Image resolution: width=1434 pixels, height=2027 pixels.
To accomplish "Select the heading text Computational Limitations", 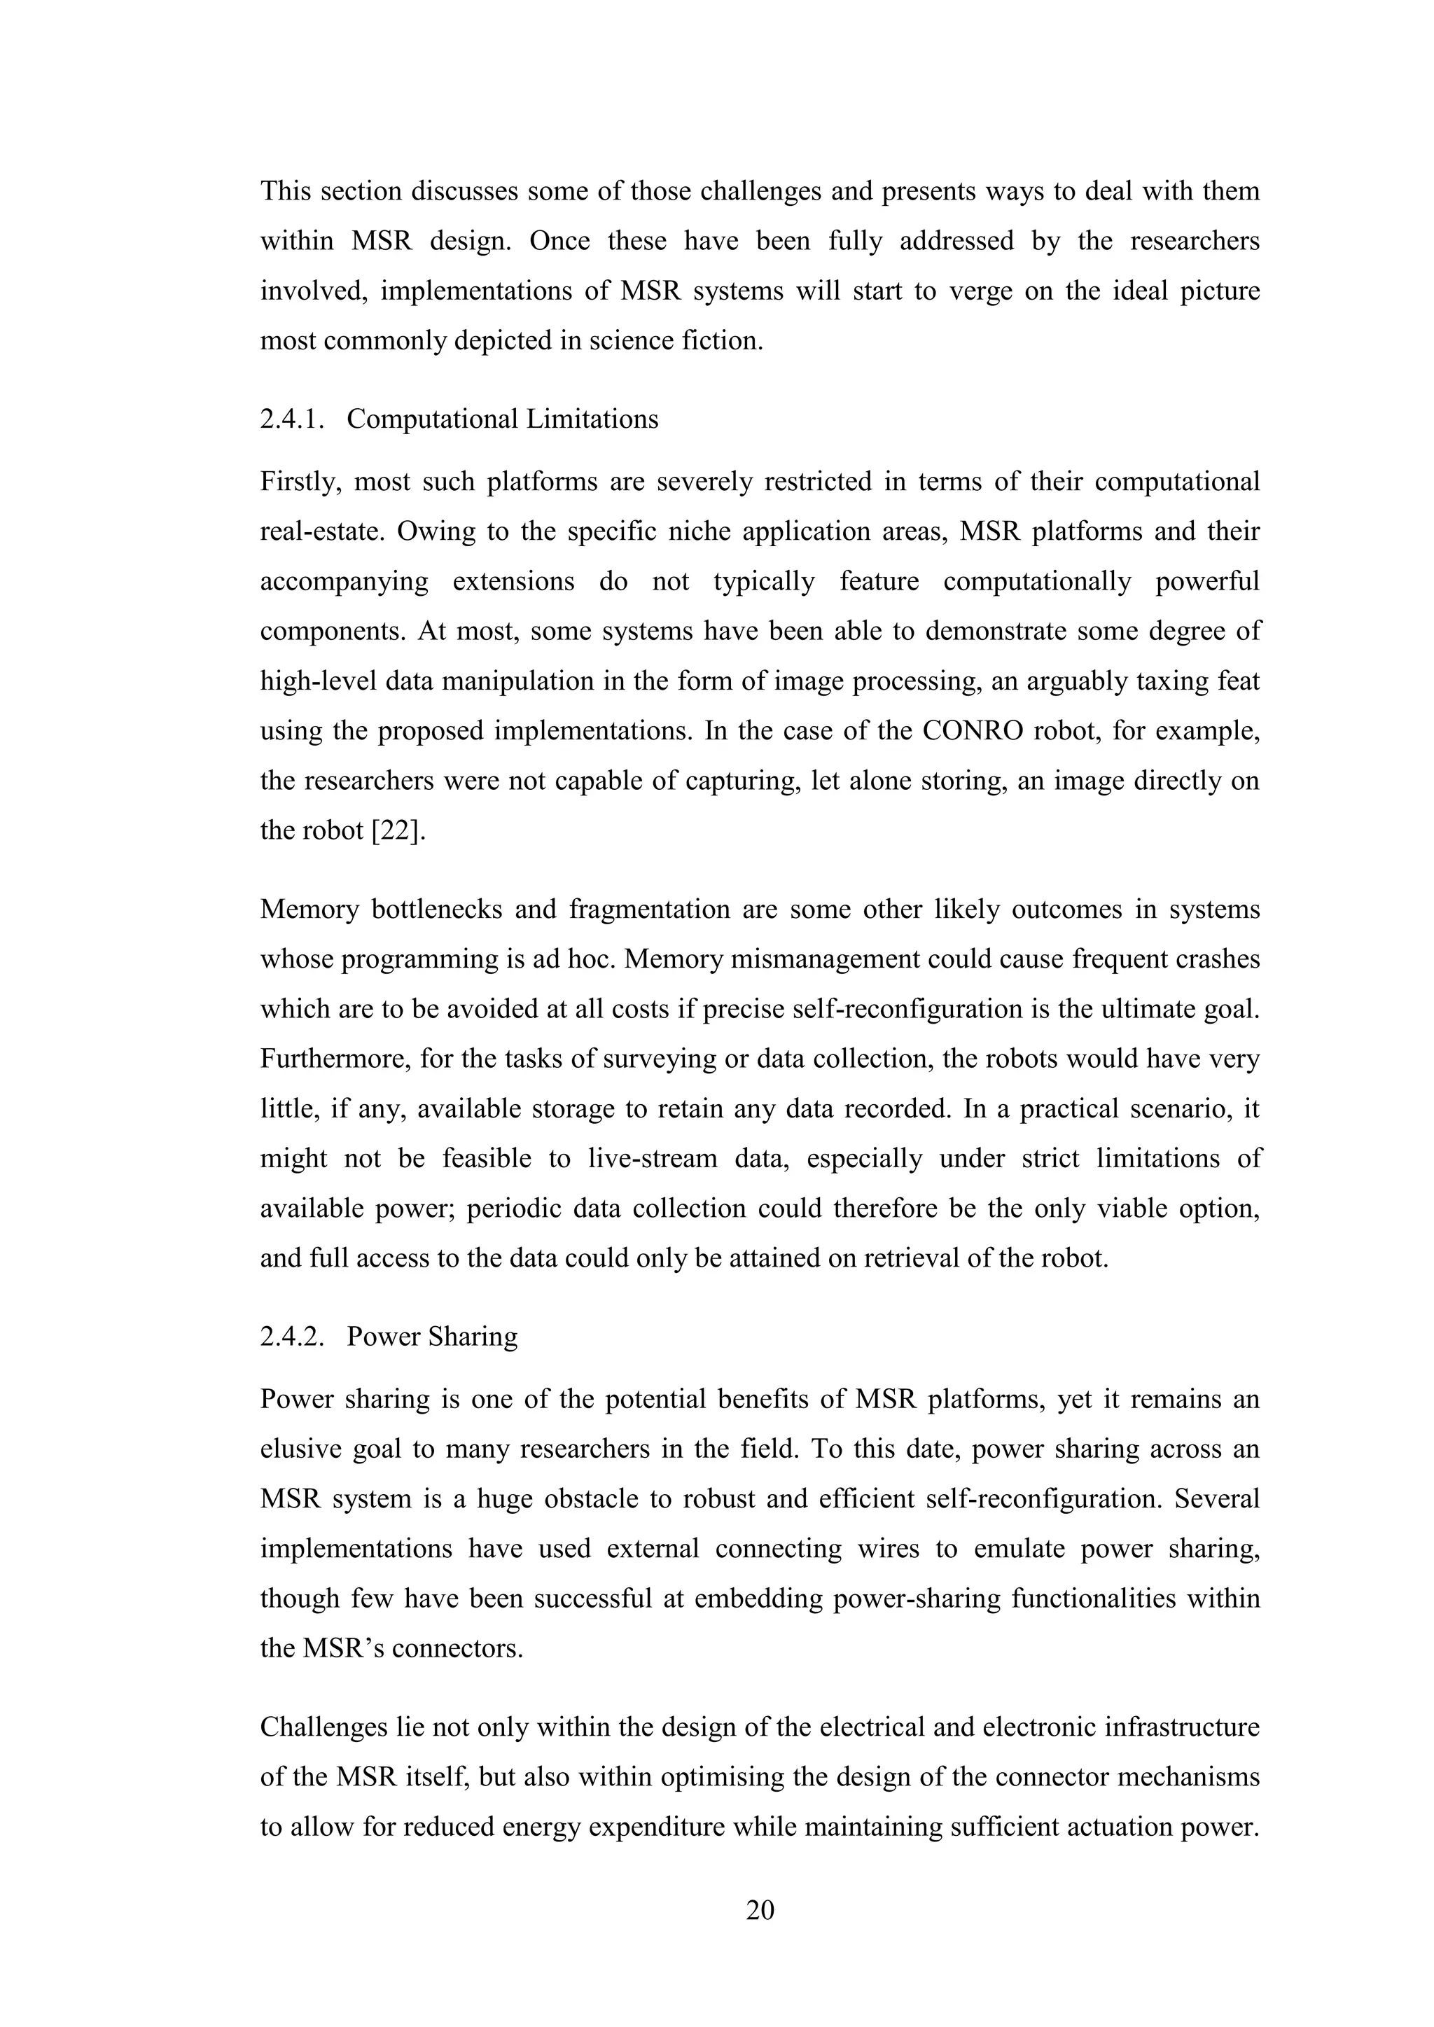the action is (503, 419).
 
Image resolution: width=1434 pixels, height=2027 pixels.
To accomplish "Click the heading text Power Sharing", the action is (432, 1337).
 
